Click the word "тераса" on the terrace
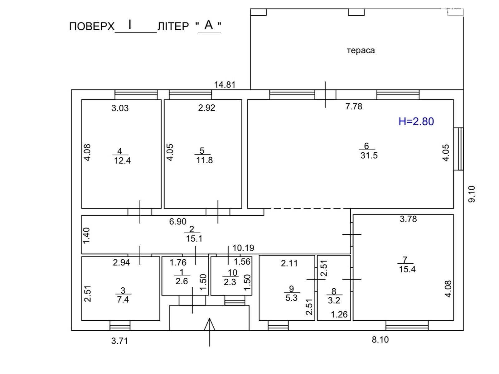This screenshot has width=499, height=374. click(361, 50)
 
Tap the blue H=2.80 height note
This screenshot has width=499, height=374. click(416, 121)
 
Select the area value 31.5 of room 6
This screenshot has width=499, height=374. click(369, 155)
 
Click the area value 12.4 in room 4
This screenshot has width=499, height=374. click(122, 161)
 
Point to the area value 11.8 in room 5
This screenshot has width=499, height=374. click(204, 160)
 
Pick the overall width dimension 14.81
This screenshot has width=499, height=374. click(225, 84)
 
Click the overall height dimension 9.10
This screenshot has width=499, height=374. click(472, 194)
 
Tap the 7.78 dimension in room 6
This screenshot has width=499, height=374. click(354, 107)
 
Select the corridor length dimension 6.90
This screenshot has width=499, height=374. click(177, 222)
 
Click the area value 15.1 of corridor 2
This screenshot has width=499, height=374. click(194, 239)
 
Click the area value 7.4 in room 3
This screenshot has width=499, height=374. click(123, 300)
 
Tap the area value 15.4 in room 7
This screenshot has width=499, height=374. click(407, 269)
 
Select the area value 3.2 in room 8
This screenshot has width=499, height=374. click(334, 300)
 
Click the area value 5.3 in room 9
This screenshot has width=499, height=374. click(291, 298)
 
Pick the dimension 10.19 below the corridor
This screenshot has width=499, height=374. click(243, 248)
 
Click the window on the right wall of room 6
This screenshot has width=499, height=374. click(458, 149)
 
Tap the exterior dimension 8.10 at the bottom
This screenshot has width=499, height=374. click(380, 340)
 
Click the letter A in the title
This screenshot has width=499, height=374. click(209, 25)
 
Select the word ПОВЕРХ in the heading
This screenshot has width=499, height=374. click(92, 26)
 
